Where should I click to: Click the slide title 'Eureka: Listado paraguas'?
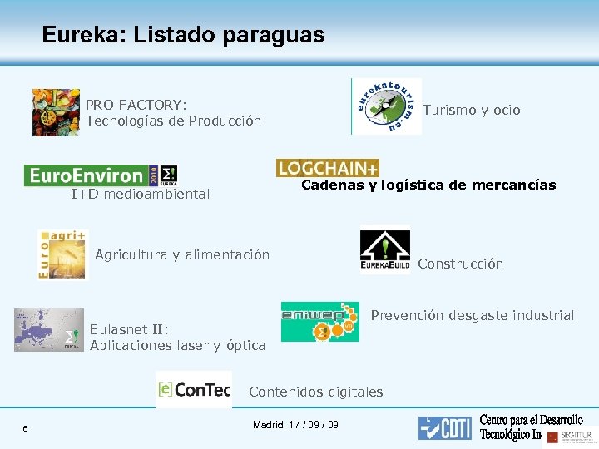click(x=183, y=35)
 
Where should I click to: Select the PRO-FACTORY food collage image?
click(x=56, y=112)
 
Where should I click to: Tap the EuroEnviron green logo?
click(x=101, y=175)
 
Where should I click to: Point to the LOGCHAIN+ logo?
click(x=328, y=168)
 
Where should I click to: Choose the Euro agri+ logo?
click(x=62, y=254)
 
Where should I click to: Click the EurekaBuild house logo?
click(x=384, y=250)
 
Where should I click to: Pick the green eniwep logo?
click(x=320, y=322)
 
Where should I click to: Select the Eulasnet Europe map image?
click(x=49, y=330)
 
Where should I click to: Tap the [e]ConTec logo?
click(x=194, y=389)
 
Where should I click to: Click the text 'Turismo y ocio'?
click(x=472, y=110)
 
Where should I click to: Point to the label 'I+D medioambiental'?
click(x=141, y=195)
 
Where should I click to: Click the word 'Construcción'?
click(x=460, y=264)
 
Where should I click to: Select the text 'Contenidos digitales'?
click(x=316, y=392)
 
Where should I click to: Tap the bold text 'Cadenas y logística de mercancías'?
click(x=428, y=185)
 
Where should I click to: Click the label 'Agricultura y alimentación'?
click(x=182, y=254)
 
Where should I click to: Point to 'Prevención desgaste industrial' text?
click(x=472, y=315)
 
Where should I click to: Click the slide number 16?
click(x=24, y=428)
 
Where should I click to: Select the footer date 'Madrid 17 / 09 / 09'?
click(x=295, y=425)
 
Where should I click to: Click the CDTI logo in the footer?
click(x=445, y=427)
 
